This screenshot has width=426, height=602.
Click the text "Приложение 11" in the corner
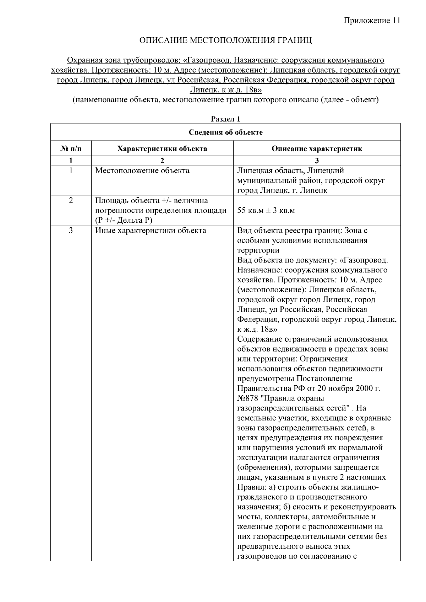click(372, 21)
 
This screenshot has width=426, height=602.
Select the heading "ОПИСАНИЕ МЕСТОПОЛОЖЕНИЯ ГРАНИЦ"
click(225, 40)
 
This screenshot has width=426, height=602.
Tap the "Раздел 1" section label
click(225, 119)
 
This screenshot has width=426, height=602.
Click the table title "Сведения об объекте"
click(225, 132)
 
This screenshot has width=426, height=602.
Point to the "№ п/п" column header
click(71, 149)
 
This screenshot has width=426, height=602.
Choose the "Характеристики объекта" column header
click(162, 149)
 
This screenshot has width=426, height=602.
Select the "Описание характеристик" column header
click(317, 149)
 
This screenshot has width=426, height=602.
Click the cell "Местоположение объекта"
click(142, 171)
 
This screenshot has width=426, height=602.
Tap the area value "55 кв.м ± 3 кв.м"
click(266, 211)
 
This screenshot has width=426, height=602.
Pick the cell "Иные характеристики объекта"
click(151, 231)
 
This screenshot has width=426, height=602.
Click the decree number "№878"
click(247, 398)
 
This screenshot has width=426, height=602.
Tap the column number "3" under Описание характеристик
click(317, 160)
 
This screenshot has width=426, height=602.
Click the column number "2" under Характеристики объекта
click(162, 160)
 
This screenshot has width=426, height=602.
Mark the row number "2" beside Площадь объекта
click(71, 200)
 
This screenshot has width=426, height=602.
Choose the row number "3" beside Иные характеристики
click(71, 231)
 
